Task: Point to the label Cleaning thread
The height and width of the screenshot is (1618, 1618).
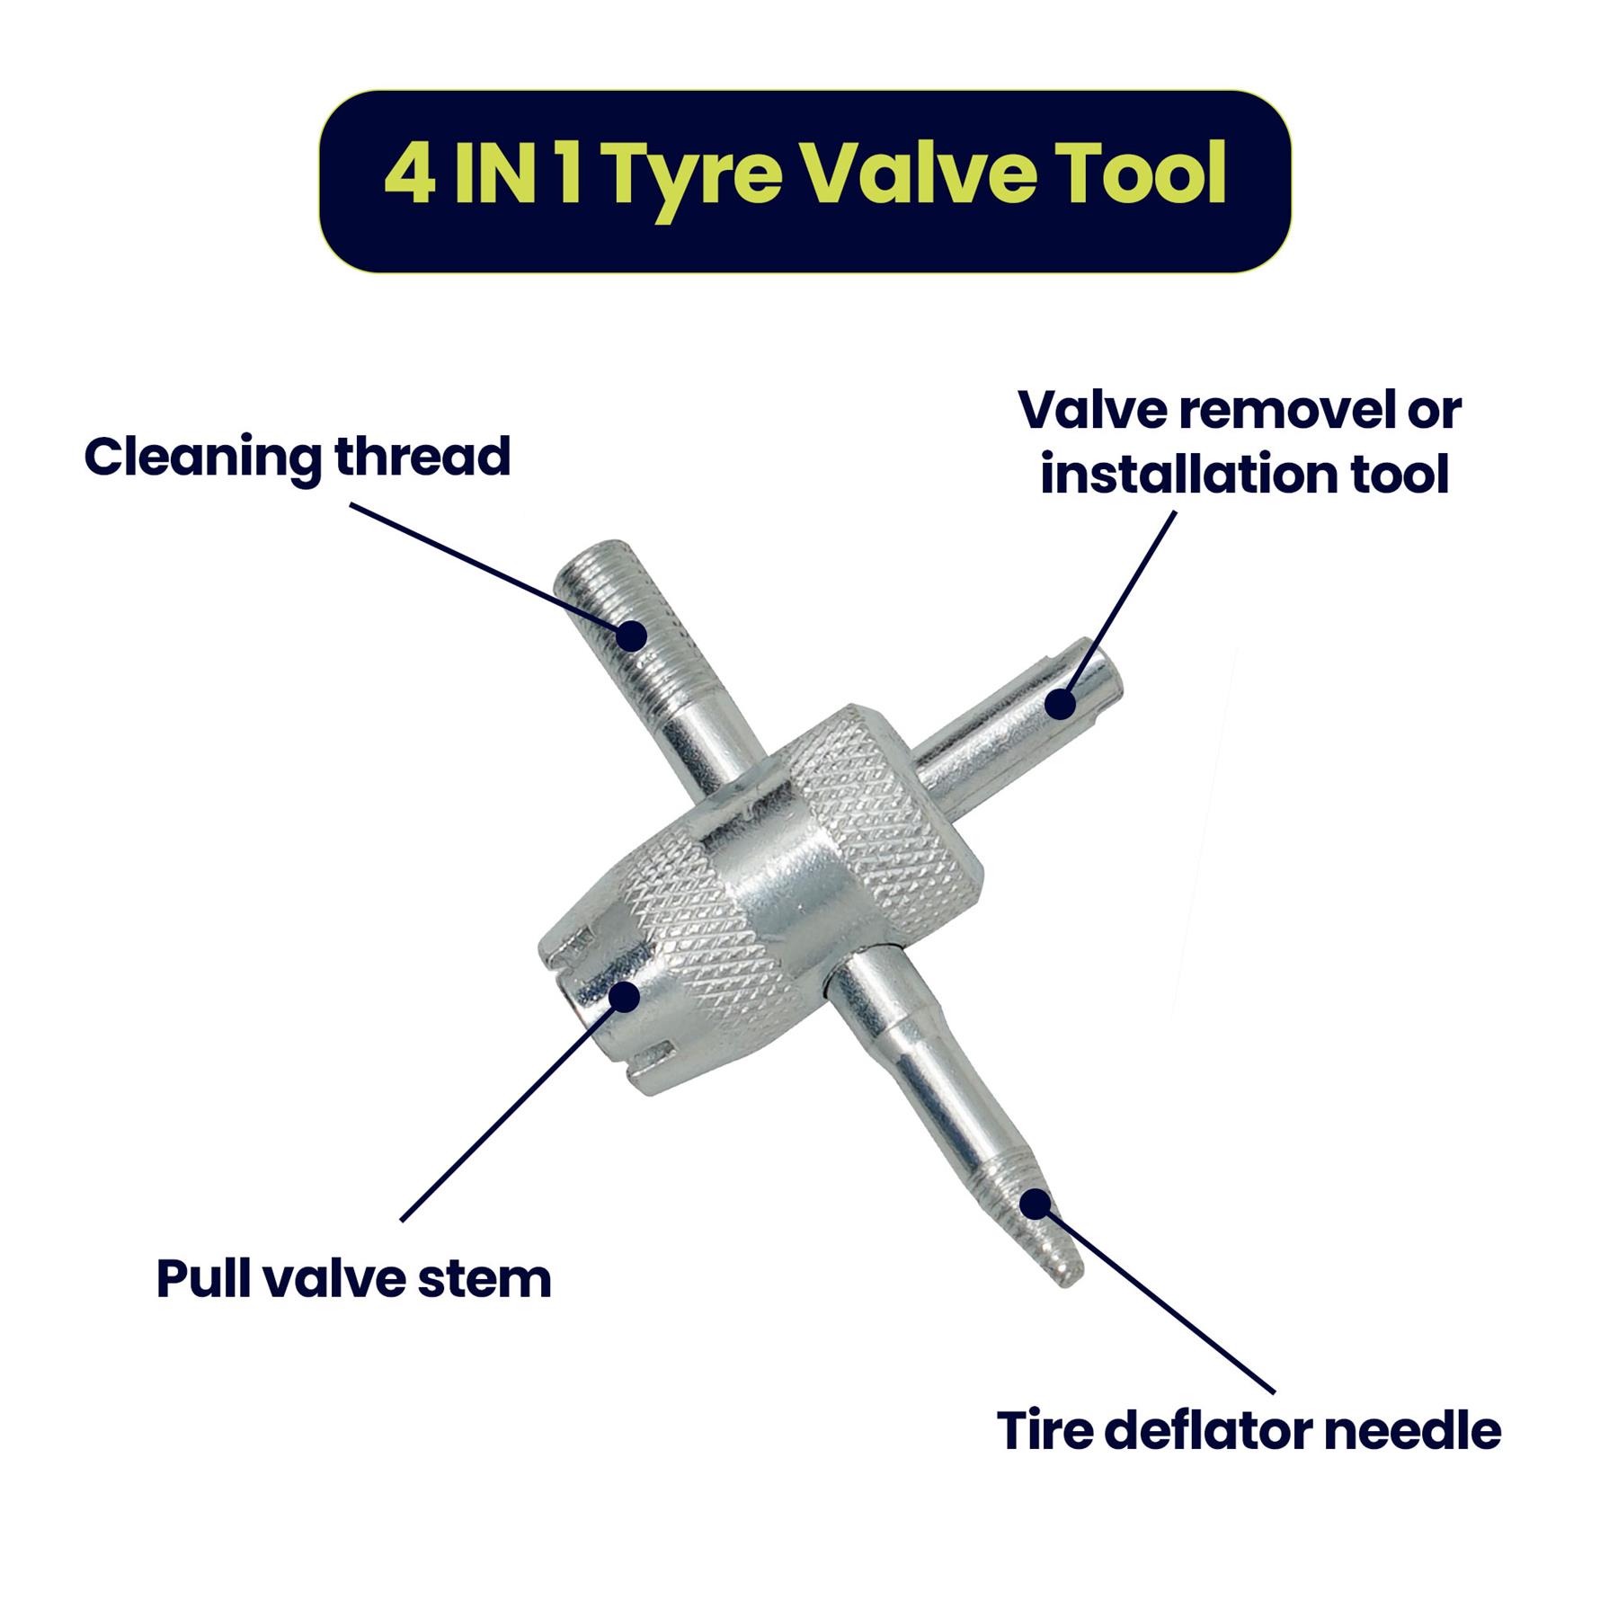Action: point(298,458)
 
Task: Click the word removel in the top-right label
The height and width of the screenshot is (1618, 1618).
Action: point(1281,412)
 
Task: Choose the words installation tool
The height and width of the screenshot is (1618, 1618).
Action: point(1245,475)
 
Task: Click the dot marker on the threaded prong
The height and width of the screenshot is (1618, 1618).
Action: point(633,636)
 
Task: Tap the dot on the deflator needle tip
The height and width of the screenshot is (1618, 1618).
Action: point(1036,1202)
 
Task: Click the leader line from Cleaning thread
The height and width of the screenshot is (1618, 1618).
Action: point(491,569)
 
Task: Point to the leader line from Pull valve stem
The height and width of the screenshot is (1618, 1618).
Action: point(512,1107)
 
